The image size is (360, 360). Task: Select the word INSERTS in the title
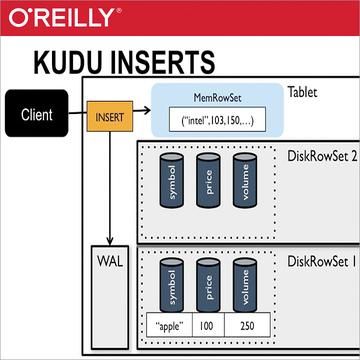170,62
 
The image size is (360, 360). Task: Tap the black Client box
37,114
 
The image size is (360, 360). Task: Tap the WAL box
108,262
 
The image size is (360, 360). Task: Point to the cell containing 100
208,326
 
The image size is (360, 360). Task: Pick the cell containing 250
247,326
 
